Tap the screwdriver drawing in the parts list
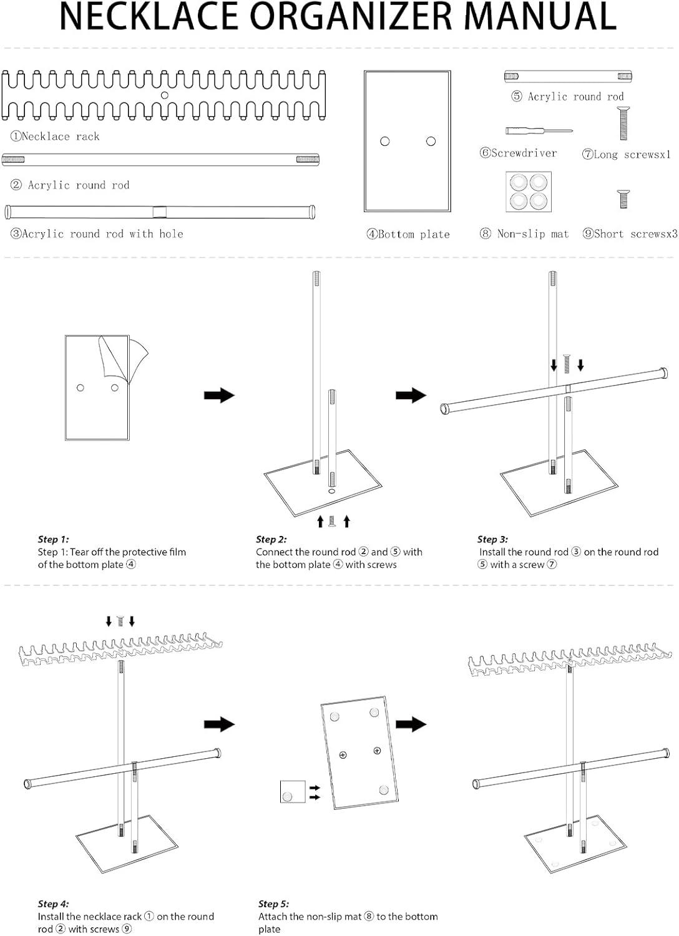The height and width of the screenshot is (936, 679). pos(539,131)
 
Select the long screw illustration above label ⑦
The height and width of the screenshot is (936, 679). pos(623,124)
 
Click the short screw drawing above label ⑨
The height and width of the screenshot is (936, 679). pos(623,199)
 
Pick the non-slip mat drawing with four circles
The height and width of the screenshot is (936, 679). pos(528,192)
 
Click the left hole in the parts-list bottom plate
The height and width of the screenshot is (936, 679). pos(385,142)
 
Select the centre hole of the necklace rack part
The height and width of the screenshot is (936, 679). pos(165,95)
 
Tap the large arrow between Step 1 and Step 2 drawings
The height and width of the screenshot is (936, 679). pos(219,395)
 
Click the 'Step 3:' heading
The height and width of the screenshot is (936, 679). pos(492,539)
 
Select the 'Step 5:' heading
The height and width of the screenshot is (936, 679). pos(273,904)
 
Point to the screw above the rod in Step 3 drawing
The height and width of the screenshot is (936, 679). pos(567,364)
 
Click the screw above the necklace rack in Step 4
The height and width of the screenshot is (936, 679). pos(120,621)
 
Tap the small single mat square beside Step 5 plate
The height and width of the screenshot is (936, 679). pos(292,791)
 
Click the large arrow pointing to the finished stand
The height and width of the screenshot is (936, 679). pos(411,724)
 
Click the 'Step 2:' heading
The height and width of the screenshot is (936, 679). pos(271,539)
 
